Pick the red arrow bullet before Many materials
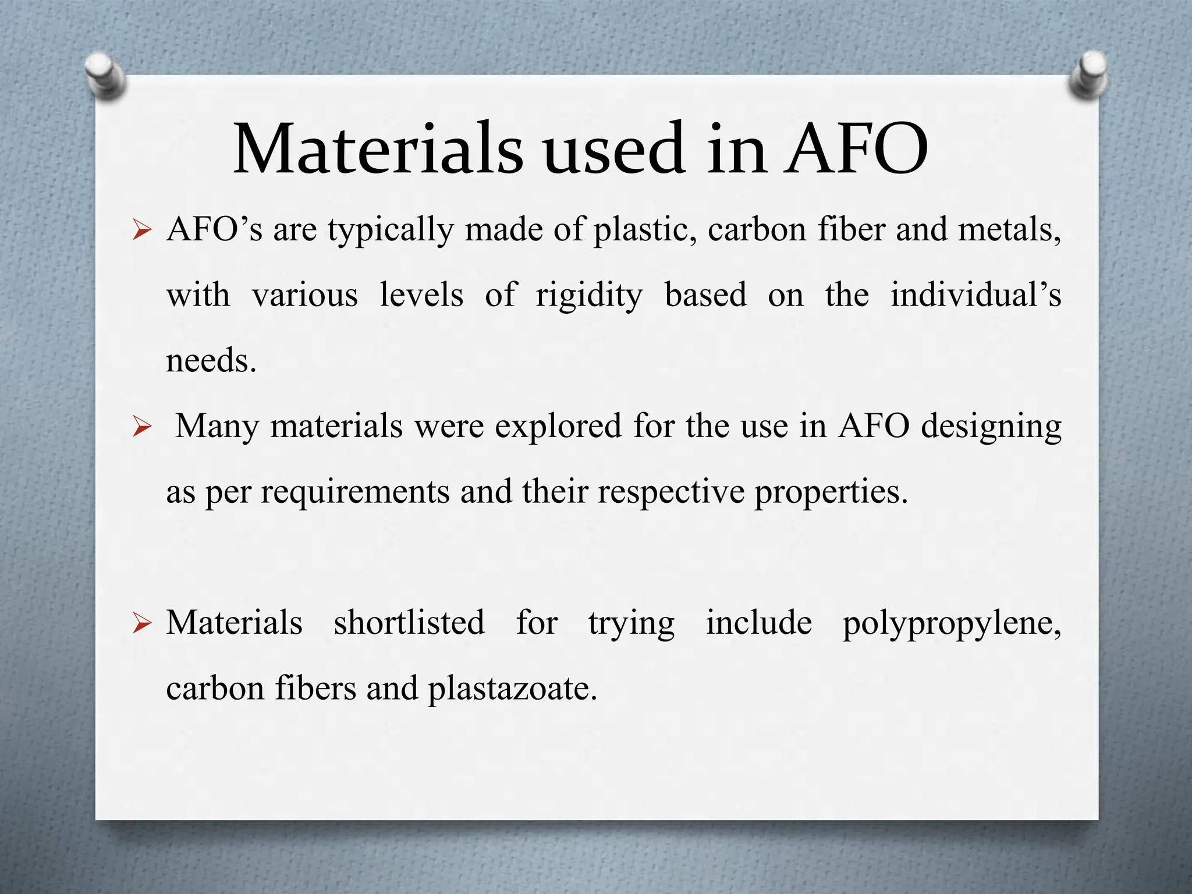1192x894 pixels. pyautogui.click(x=141, y=427)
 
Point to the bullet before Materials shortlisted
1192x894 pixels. pyautogui.click(x=141, y=623)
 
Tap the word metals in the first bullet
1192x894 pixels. pyautogui.click(x=1009, y=230)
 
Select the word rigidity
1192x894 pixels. pyautogui.click(x=589, y=296)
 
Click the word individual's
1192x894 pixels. pyautogui.click(x=975, y=295)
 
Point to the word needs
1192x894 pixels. pyautogui.click(x=211, y=360)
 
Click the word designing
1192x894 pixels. pyautogui.click(x=991, y=427)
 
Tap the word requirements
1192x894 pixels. pyautogui.click(x=355, y=492)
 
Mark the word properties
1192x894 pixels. pyautogui.click(x=831, y=492)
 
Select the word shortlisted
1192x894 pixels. pyautogui.click(x=409, y=623)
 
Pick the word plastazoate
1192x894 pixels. pyautogui.click(x=512, y=689)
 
